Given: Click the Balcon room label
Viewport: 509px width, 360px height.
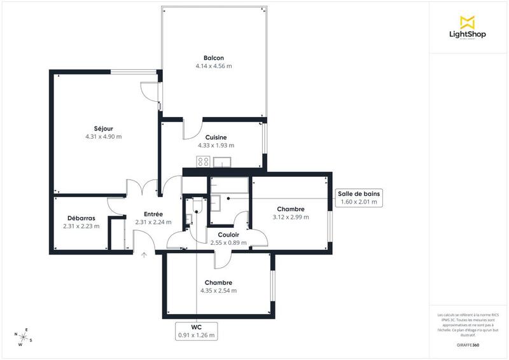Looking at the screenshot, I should click(x=213, y=58).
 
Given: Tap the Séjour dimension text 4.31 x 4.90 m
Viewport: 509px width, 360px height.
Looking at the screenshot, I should click(x=103, y=137).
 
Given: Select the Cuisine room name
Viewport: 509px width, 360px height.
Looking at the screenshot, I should click(x=216, y=137).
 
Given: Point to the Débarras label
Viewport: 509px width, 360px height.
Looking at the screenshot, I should click(x=81, y=218).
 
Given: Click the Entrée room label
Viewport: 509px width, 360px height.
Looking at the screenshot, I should click(x=153, y=214).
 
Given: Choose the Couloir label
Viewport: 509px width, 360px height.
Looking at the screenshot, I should click(x=228, y=234).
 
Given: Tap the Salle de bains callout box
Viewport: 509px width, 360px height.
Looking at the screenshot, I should click(x=359, y=198).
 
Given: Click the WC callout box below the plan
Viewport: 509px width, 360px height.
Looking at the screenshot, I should click(x=196, y=330).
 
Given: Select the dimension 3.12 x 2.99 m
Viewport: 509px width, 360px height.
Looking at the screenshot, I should click(x=290, y=218).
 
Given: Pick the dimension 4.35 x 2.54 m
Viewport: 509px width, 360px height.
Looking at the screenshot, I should click(x=218, y=291).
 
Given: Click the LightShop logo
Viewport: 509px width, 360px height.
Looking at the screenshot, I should click(x=468, y=29).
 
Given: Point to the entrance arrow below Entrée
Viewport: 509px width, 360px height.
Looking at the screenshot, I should click(x=144, y=256).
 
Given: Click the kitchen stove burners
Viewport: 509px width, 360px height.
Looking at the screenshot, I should click(x=204, y=162).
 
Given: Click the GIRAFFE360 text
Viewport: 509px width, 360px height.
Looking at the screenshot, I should click(x=468, y=343).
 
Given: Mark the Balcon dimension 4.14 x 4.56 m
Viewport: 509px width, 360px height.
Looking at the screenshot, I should click(x=213, y=66).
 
